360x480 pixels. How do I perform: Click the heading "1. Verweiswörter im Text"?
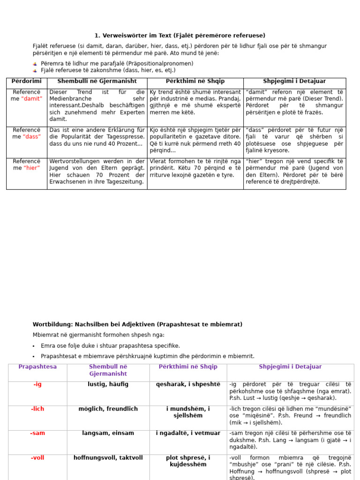tap(180, 36)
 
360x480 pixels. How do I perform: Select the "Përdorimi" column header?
tap(27, 82)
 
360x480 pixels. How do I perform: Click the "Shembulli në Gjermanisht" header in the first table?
tap(97, 82)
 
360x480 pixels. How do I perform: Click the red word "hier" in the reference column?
tap(32, 168)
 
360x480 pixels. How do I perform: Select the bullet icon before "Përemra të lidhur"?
tap(35, 64)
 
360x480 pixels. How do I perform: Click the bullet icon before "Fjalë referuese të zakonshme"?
tap(35, 71)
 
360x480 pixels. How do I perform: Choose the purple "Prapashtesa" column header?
tap(37, 367)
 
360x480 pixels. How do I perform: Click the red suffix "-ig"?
tap(37, 384)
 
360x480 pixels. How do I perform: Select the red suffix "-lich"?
tap(37, 409)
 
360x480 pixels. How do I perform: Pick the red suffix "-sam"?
tap(37, 433)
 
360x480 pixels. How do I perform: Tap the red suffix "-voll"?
tap(37, 457)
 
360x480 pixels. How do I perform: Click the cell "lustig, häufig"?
tap(108, 384)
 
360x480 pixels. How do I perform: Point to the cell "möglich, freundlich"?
tap(108, 409)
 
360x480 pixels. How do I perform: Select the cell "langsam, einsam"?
tap(108, 433)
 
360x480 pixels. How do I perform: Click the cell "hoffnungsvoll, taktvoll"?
tap(108, 457)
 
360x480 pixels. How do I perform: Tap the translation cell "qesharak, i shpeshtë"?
tap(188, 384)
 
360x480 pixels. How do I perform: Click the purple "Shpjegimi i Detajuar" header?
tap(290, 367)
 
